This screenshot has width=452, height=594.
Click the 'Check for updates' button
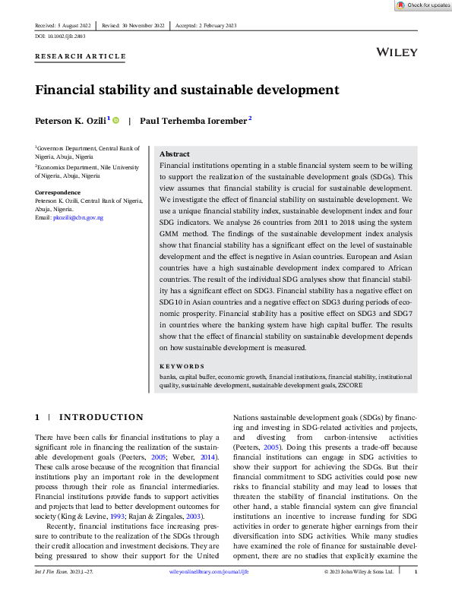pyautogui.click(x=423, y=5)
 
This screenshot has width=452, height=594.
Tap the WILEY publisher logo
pyautogui.click(x=396, y=52)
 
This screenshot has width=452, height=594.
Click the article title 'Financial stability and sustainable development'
pyautogui.click(x=187, y=90)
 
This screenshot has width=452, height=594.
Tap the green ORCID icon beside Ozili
pyautogui.click(x=116, y=119)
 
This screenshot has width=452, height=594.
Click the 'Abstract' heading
pyautogui.click(x=175, y=153)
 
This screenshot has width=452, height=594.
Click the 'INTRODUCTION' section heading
pyautogui.click(x=101, y=417)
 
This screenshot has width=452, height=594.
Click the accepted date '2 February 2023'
pyautogui.click(x=217, y=25)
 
